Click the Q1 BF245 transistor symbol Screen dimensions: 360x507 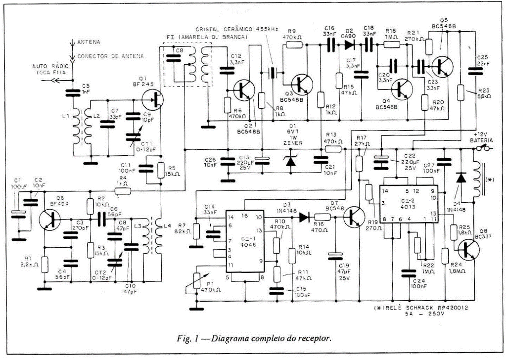(154, 99)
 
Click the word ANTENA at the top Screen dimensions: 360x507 (89, 42)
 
